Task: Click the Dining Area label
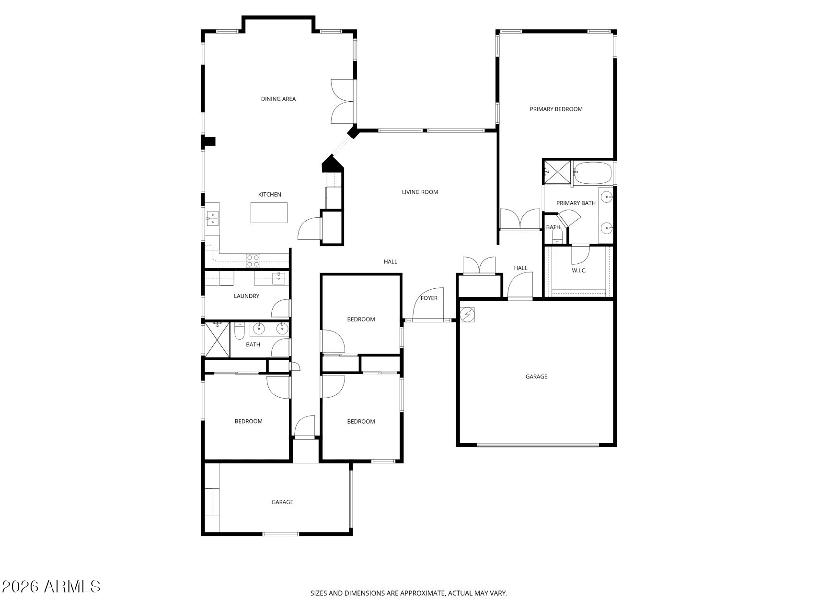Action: [278, 99]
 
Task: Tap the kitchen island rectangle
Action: [269, 213]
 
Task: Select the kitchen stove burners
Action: [253, 260]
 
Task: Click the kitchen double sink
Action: [212, 218]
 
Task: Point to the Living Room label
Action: [420, 192]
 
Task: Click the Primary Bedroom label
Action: [556, 109]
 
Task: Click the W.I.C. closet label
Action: [579, 270]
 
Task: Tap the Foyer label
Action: [429, 298]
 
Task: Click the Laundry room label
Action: [246, 296]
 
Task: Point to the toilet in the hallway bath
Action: [240, 331]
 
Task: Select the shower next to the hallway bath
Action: [217, 340]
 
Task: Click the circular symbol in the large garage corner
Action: [467, 314]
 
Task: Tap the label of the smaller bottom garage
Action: [282, 502]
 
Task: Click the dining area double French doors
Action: [342, 101]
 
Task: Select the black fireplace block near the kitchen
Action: [332, 163]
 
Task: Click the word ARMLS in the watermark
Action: [72, 586]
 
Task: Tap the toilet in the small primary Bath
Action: [557, 235]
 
